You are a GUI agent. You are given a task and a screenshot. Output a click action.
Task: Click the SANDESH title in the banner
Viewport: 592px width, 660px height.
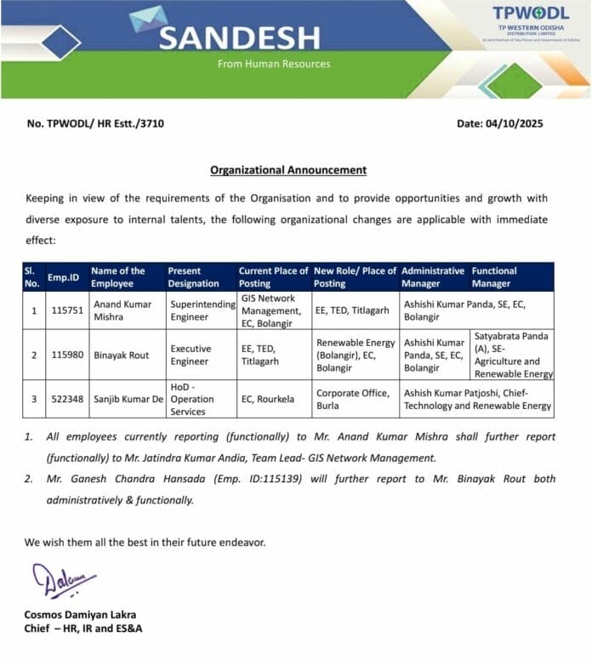[x=239, y=37]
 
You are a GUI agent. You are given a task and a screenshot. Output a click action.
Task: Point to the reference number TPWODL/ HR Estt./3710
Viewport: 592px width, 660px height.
[x=95, y=123]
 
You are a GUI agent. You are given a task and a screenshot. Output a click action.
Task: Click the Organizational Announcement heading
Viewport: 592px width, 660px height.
[x=288, y=169]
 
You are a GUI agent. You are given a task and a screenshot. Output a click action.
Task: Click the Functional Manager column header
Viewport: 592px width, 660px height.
[x=494, y=276]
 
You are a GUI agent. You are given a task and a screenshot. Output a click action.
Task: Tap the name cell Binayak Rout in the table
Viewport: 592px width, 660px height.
[x=121, y=355]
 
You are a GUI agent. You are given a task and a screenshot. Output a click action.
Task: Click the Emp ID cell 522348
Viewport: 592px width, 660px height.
[x=65, y=398]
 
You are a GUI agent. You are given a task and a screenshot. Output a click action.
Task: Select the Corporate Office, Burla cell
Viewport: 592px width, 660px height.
[x=353, y=399]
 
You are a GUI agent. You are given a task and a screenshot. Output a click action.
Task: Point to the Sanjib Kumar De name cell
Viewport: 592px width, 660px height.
[x=127, y=398]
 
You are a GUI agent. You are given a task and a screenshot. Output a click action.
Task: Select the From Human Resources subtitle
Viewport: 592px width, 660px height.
[x=273, y=64]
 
